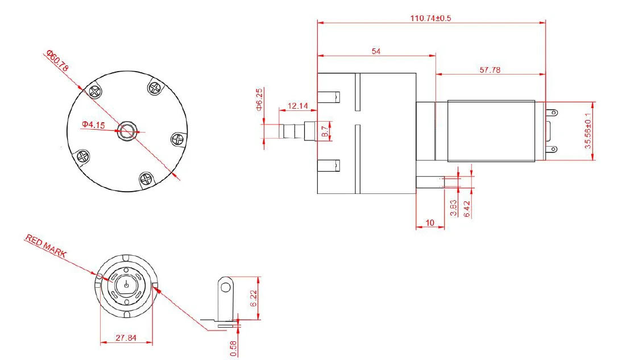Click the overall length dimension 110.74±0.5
(x=430, y=18)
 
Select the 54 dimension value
(x=376, y=51)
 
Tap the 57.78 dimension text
(x=490, y=70)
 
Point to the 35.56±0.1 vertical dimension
(x=588, y=131)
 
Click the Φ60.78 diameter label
(x=57, y=60)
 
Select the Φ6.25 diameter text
(x=259, y=100)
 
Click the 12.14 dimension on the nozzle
(x=298, y=106)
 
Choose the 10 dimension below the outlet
(x=430, y=222)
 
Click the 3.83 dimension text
(x=453, y=208)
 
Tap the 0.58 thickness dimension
(x=233, y=347)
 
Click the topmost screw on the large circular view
(x=155, y=87)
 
